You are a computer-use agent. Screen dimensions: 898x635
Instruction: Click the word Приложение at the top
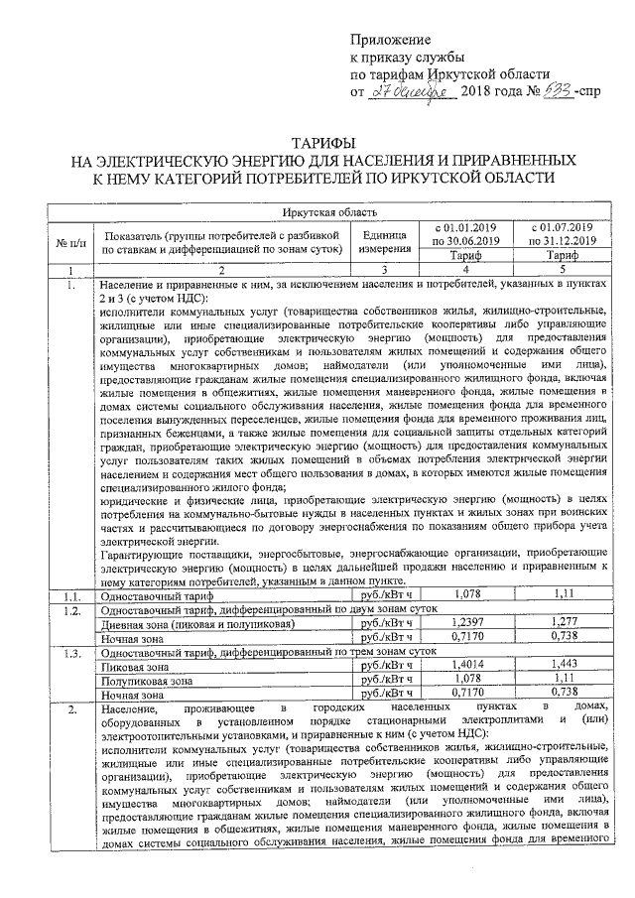point(392,40)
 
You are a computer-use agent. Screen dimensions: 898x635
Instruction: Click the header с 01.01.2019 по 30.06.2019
point(466,233)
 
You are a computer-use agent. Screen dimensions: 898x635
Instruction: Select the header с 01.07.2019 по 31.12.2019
point(563,233)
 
